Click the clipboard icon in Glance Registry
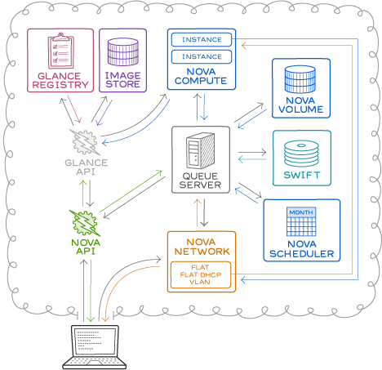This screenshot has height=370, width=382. [x=61, y=51]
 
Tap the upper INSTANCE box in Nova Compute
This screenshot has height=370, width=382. [x=201, y=39]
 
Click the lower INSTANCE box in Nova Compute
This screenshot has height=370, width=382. [x=201, y=57]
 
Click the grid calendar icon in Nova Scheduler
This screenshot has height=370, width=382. [x=301, y=225]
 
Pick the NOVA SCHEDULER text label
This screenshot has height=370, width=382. [x=301, y=249]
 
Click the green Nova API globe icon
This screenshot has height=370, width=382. [x=86, y=221]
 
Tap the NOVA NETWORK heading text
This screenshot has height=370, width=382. [x=201, y=246]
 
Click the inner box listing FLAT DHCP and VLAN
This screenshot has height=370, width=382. [x=201, y=275]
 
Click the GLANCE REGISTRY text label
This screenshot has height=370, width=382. [x=61, y=80]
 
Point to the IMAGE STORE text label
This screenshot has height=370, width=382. [x=122, y=79]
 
